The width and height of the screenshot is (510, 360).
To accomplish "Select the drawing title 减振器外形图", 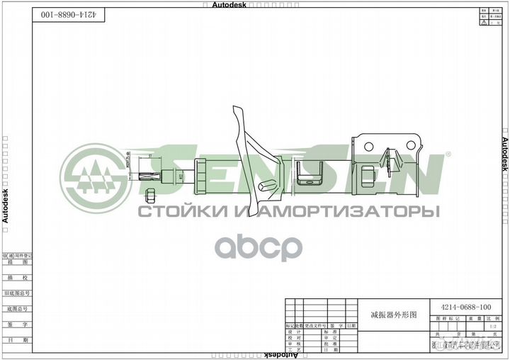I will [x=394, y=313].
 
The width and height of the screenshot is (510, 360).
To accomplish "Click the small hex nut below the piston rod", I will [x=150, y=194].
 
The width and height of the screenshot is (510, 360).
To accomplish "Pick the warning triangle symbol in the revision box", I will [x=483, y=23].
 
